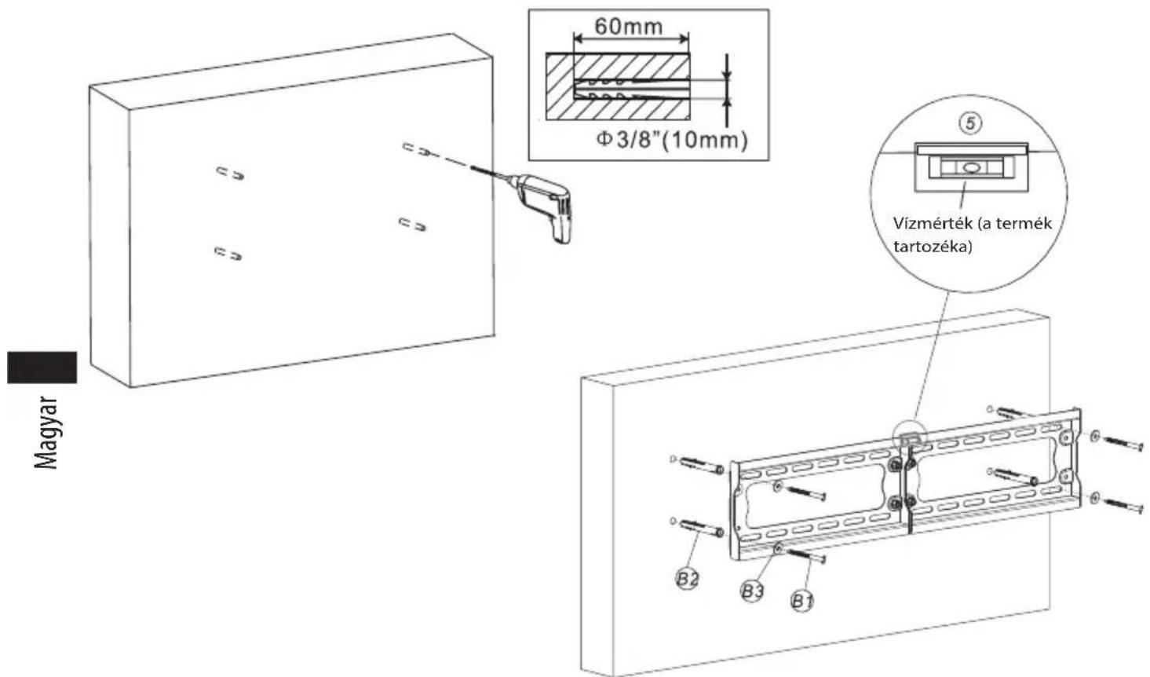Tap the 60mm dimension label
click(629, 26)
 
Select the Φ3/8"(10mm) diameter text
click(671, 140)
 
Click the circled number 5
click(970, 123)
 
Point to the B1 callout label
click(802, 600)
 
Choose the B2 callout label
click(687, 579)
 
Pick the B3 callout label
click(753, 591)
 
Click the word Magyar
click(46, 432)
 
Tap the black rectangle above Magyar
click(42, 368)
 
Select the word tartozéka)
click(933, 247)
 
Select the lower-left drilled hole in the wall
click(228, 253)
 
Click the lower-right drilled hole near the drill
click(412, 224)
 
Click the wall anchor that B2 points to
click(702, 528)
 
